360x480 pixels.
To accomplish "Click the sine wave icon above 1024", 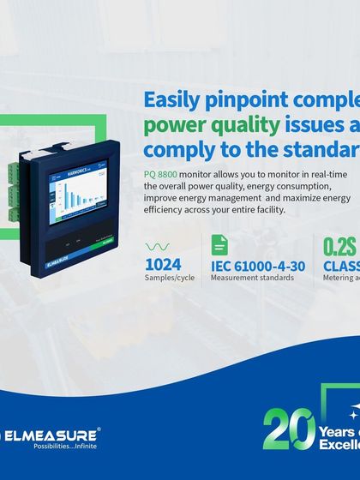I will click(x=158, y=246).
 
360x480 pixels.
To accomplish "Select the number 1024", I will click(x=163, y=263).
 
